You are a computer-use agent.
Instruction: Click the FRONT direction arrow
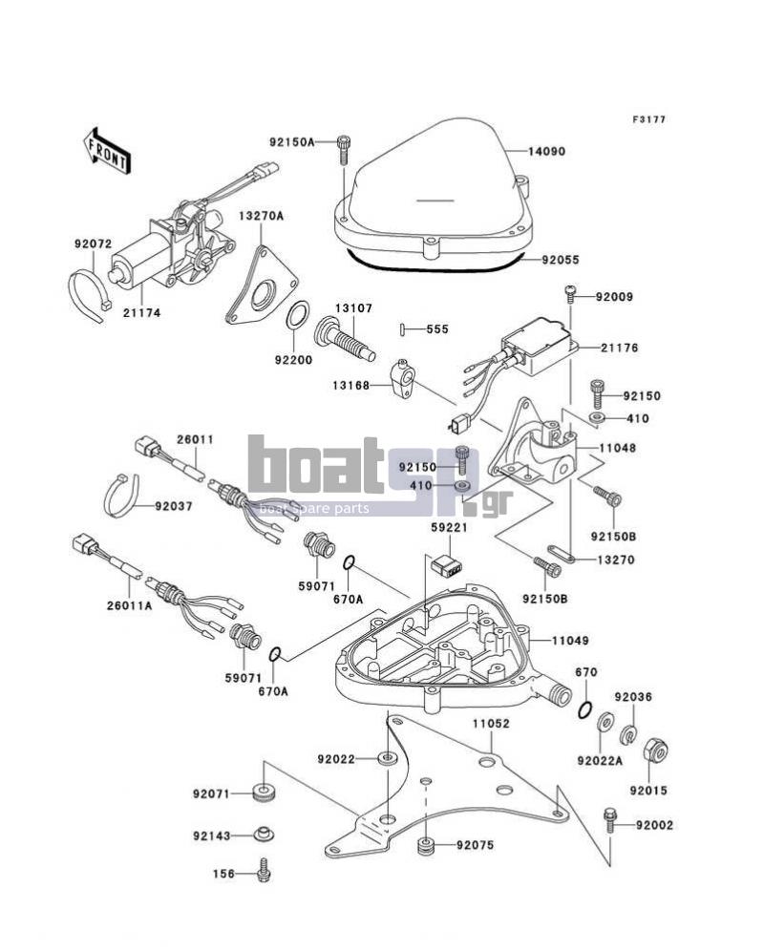[107, 153]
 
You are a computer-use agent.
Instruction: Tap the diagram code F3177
[648, 119]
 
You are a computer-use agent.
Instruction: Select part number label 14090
[546, 151]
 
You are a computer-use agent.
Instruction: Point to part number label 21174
[141, 313]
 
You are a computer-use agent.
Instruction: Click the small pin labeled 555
[403, 328]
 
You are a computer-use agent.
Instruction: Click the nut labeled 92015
[654, 751]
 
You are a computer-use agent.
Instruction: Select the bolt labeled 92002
[609, 821]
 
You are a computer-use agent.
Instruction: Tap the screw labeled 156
[264, 870]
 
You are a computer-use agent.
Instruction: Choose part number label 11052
[492, 724]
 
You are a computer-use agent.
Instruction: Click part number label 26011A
[129, 605]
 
